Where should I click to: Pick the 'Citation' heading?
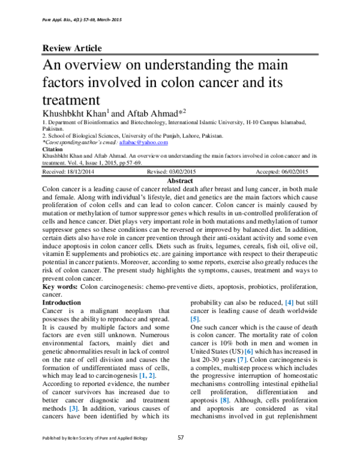pyautogui.click(x=53, y=149)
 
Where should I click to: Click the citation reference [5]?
pyautogui.click(x=195, y=320)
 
